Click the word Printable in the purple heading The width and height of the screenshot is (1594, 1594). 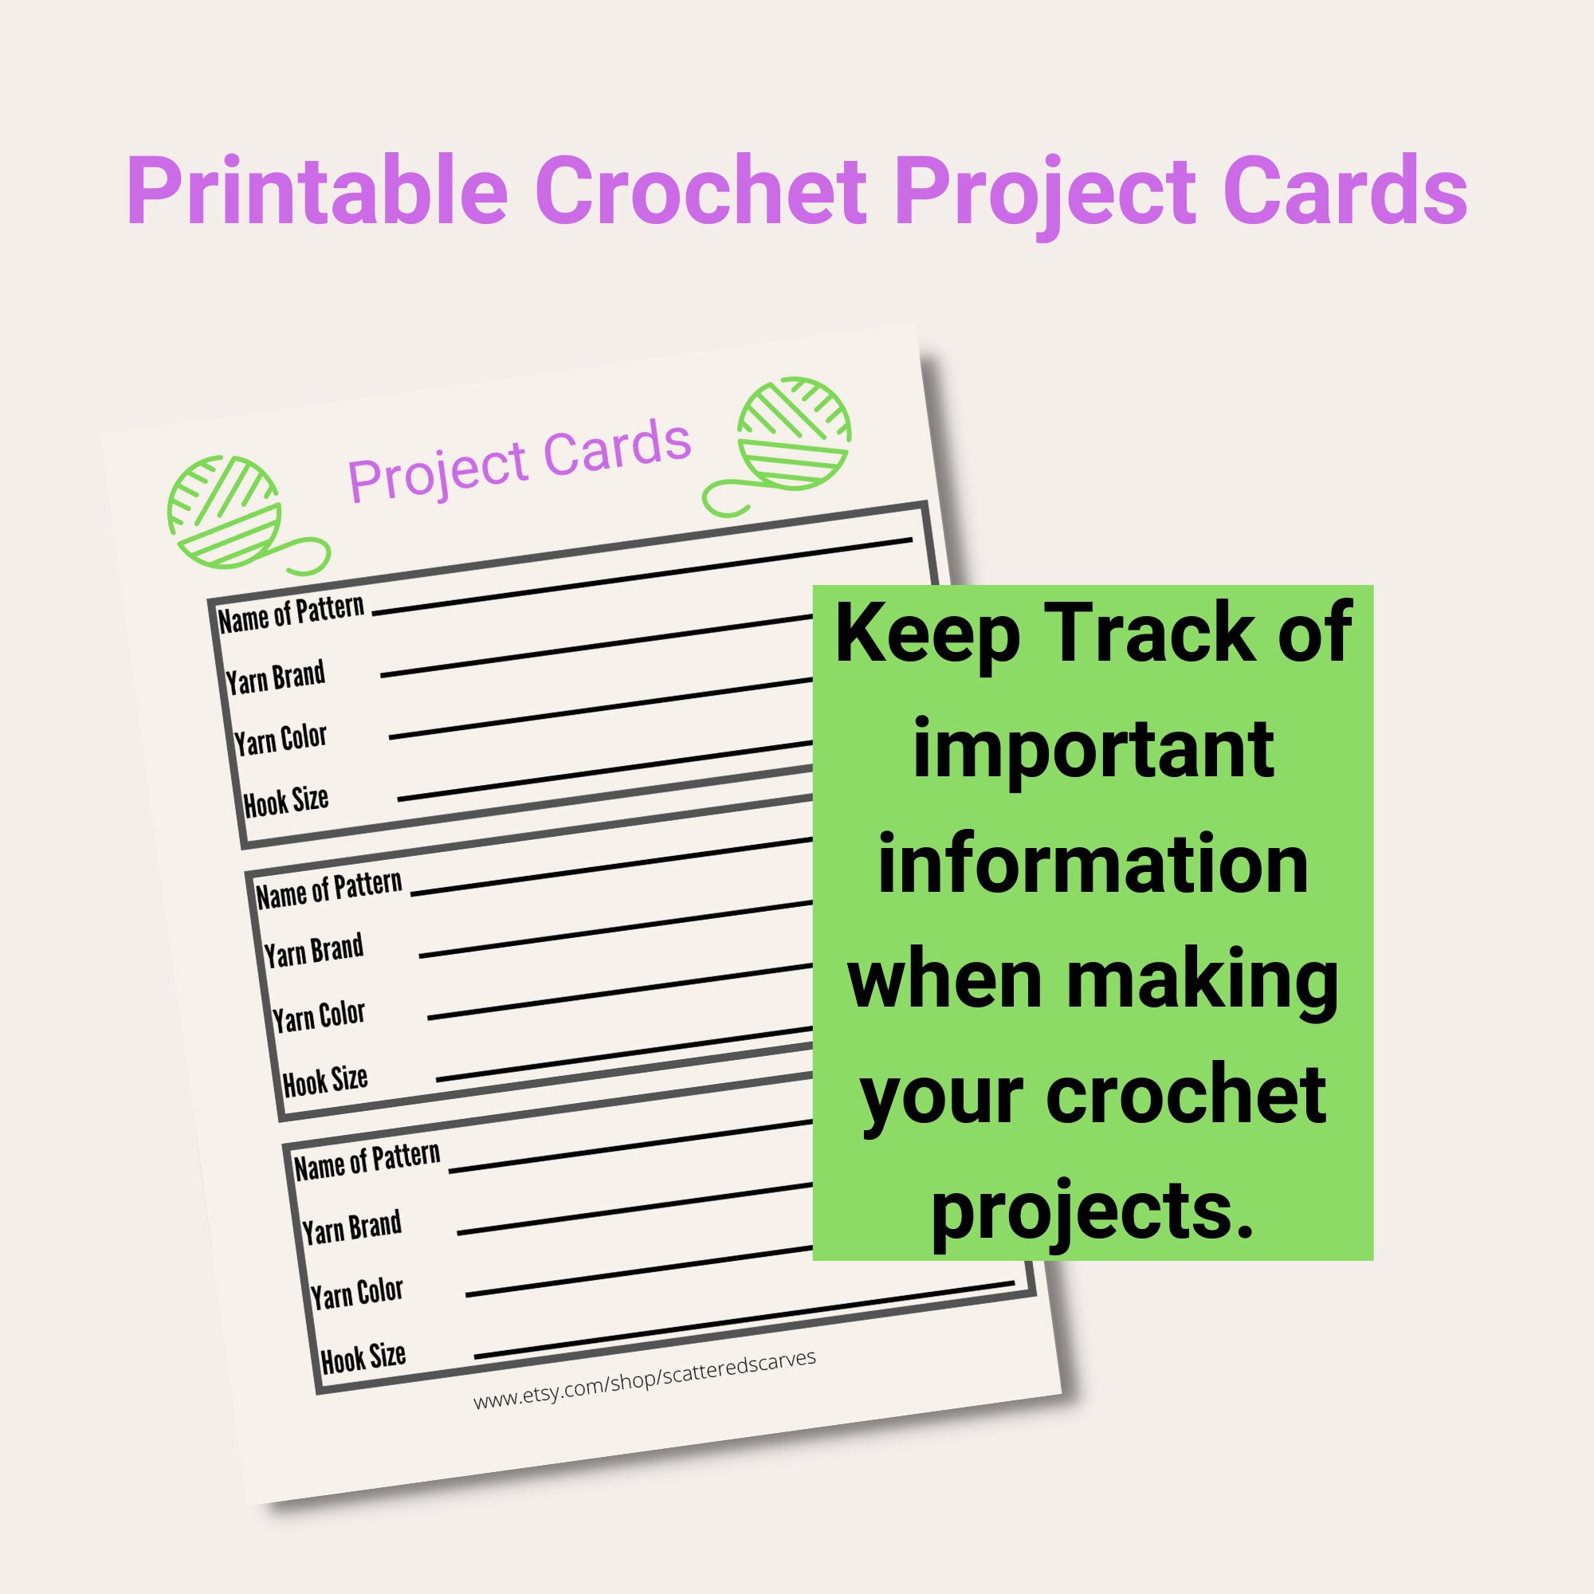(x=316, y=191)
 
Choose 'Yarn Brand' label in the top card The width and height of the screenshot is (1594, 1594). (x=276, y=677)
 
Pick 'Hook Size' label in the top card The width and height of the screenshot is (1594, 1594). (x=286, y=800)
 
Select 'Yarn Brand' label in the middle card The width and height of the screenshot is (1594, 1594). (x=313, y=952)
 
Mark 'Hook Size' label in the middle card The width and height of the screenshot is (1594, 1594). (x=325, y=1080)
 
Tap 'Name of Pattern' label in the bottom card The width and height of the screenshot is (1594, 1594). (x=367, y=1161)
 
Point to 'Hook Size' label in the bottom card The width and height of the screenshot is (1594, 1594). (x=363, y=1356)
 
